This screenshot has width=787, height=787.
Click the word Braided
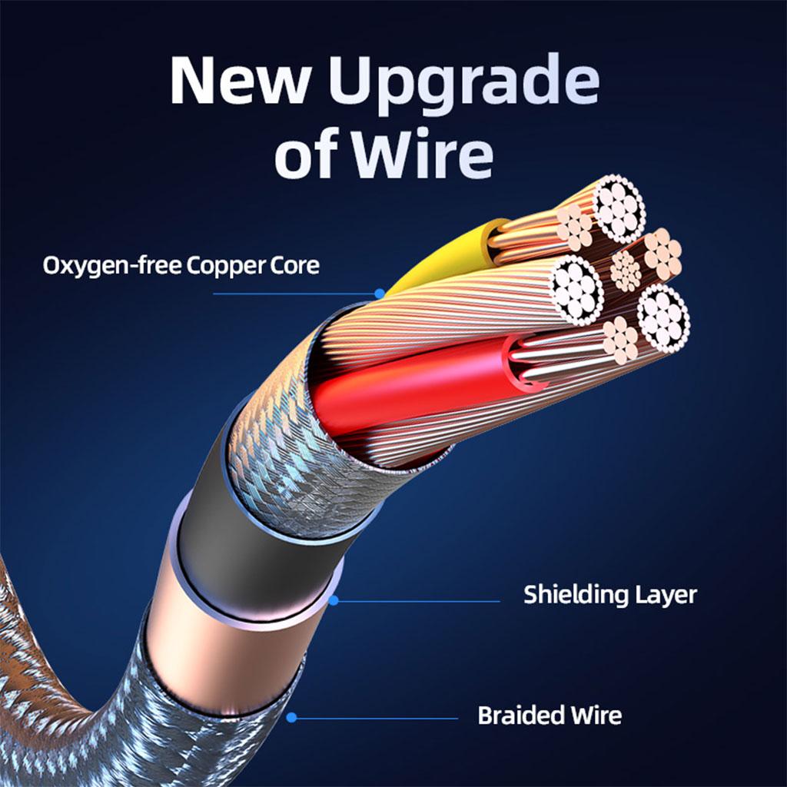point(520,716)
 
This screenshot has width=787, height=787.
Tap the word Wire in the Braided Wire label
point(596,716)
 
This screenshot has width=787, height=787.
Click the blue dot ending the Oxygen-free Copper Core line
point(380,294)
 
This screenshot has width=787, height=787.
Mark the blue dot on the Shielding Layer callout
point(334,600)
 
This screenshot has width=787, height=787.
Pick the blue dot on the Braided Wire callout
point(291,718)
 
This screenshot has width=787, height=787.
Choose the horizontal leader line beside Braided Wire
point(377,719)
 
